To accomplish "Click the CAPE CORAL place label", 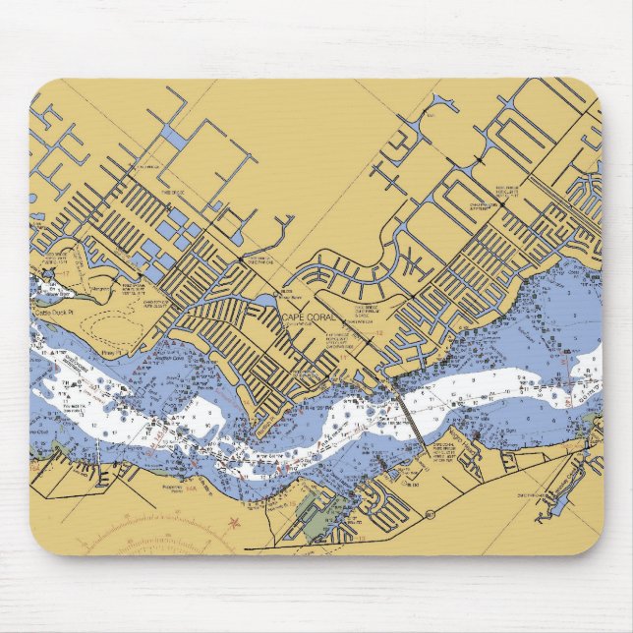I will [309, 316].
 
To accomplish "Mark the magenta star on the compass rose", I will [233, 523].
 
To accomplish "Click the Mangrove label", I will [99, 291].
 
